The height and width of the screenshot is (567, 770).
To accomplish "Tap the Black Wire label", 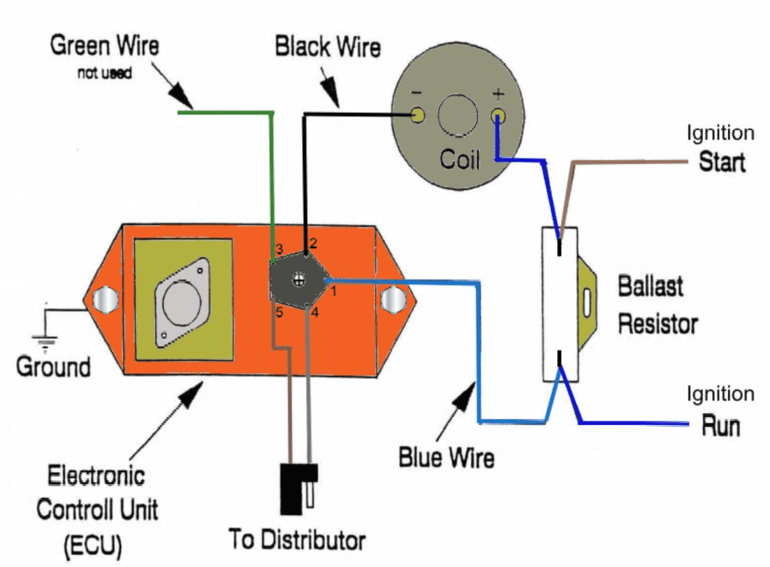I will coord(328,48).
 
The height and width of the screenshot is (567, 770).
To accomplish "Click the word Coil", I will coord(459,159).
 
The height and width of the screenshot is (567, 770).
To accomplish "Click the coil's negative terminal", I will coord(418,115).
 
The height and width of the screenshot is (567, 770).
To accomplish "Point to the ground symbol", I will coord(47,339).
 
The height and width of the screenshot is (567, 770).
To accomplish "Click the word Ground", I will coord(53,367).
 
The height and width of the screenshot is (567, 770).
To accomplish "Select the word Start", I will coord(721,162).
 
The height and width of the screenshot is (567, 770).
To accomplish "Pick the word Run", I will coord(720,426).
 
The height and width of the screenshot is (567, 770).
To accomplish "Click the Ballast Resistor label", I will coord(657,305).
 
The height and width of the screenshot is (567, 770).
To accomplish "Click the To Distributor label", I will coord(298,540).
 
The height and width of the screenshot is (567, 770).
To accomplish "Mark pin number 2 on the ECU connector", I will coord(314,244).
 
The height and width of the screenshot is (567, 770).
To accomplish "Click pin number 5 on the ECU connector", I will coord(279,312).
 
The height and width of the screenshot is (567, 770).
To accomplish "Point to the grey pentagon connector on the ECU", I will coord(299,280).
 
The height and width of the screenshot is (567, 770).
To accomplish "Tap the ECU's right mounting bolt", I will coord(391,300).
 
